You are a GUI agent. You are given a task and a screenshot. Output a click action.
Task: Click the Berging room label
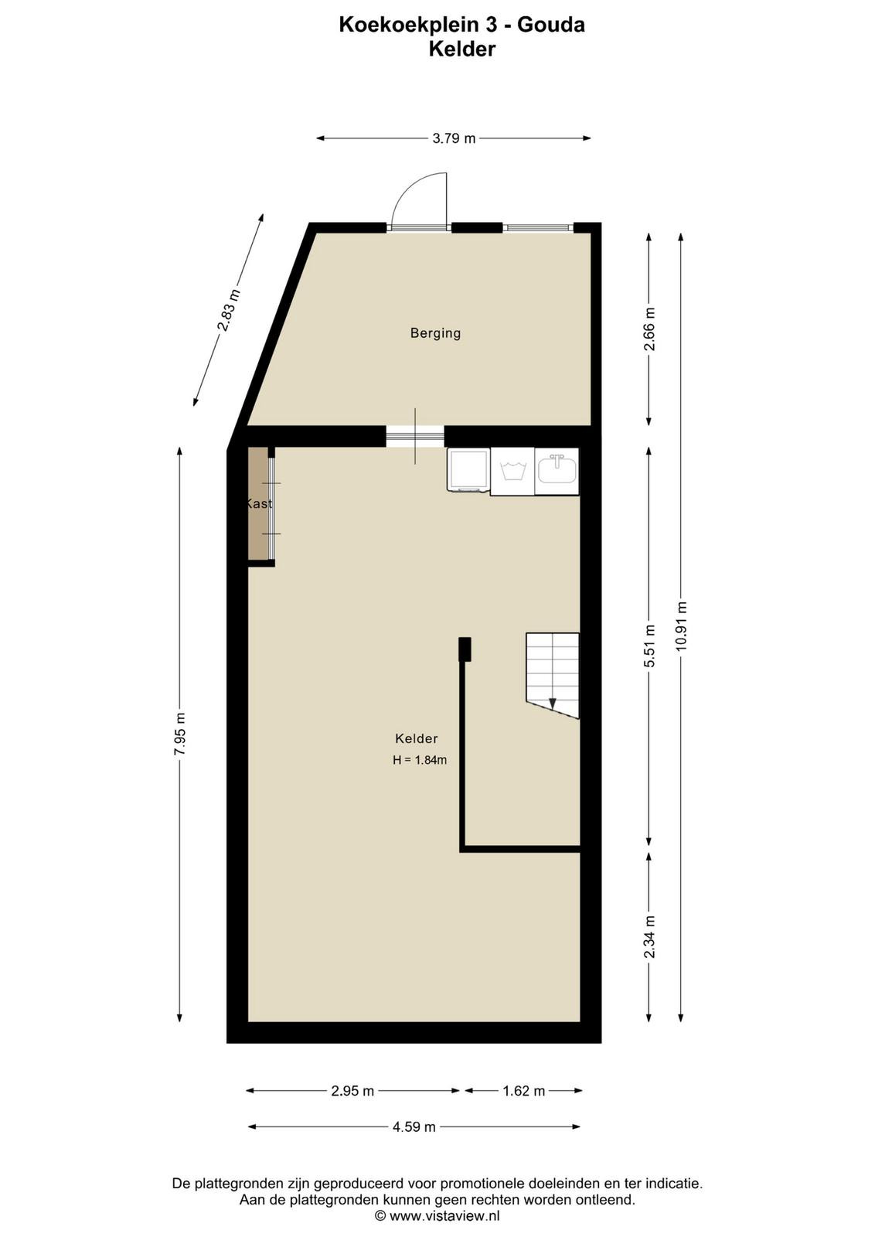pyautogui.click(x=435, y=333)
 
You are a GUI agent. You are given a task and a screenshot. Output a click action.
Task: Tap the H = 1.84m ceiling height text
pyautogui.click(x=420, y=760)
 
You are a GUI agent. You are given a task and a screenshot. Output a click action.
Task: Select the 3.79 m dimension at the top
pyautogui.click(x=454, y=138)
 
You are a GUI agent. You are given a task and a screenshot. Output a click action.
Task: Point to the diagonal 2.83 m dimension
pyautogui.click(x=228, y=310)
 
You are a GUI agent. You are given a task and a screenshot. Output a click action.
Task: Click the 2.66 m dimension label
pyautogui.click(x=649, y=329)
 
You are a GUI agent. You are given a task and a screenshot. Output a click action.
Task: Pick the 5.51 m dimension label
pyautogui.click(x=649, y=646)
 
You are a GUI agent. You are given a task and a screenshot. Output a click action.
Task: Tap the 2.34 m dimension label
pyautogui.click(x=649, y=937)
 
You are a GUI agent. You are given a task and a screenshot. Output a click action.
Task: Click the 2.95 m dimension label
pyautogui.click(x=352, y=1091)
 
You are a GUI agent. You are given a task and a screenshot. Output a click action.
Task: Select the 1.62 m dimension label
pyautogui.click(x=524, y=1091)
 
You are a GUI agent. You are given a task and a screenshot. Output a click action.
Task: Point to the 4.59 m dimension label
pyautogui.click(x=414, y=1126)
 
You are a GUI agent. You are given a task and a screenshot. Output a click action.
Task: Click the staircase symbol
pyautogui.click(x=552, y=676)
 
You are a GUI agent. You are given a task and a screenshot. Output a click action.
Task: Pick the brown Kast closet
pyautogui.click(x=258, y=503)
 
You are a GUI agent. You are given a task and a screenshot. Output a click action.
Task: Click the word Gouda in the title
pyautogui.click(x=551, y=24)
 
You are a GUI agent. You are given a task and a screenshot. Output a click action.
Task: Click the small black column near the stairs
pyautogui.click(x=465, y=649)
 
